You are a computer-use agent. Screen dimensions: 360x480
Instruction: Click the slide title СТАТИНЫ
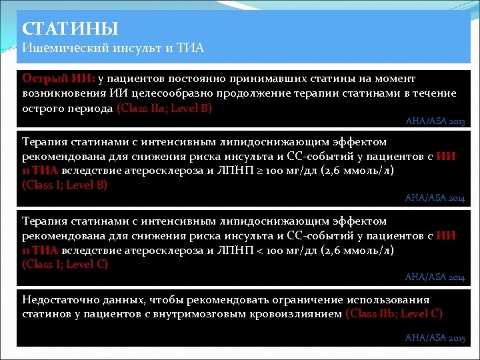pyautogui.click(x=70, y=29)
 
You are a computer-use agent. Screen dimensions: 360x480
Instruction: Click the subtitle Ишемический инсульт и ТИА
pyautogui.click(x=113, y=48)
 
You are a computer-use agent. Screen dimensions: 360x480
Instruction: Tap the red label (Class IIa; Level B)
pyautogui.click(x=164, y=108)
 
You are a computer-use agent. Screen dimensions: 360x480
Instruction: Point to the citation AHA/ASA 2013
pyautogui.click(x=435, y=122)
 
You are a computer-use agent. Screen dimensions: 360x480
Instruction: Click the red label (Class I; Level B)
pyautogui.click(x=65, y=185)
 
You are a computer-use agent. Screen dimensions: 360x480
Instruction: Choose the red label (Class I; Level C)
pyautogui.click(x=65, y=264)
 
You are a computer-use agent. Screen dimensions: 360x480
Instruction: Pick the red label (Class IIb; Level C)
pyautogui.click(x=394, y=313)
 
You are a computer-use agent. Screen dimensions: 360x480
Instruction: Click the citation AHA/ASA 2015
pyautogui.click(x=435, y=338)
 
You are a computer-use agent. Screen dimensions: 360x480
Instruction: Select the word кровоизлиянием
pyautogui.click(x=299, y=313)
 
